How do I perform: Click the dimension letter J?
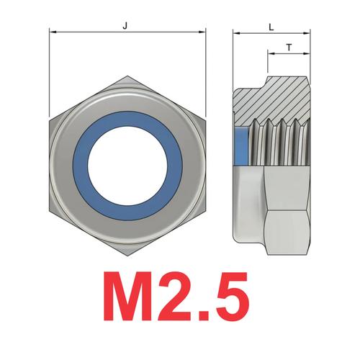[126, 25]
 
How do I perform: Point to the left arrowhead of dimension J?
[52, 32]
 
